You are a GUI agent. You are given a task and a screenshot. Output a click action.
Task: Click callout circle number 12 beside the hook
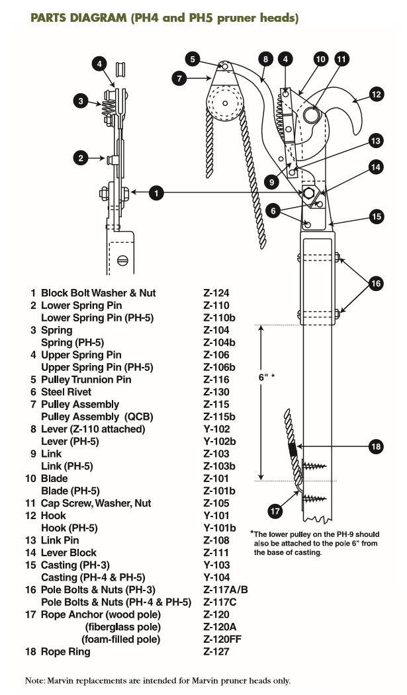(376, 95)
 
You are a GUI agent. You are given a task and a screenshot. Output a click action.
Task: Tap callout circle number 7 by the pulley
(179, 78)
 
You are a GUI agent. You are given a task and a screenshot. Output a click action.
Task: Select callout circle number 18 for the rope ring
(376, 447)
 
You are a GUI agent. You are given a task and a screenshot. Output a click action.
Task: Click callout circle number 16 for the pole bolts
(376, 283)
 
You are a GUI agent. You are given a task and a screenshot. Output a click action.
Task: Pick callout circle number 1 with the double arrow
(156, 193)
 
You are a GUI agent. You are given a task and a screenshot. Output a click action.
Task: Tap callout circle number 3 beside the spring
(81, 101)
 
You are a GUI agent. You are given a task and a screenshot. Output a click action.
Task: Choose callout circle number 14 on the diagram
(376, 167)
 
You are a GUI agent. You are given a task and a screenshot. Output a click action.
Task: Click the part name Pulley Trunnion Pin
(86, 380)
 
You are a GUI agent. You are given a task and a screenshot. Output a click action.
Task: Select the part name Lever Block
(69, 553)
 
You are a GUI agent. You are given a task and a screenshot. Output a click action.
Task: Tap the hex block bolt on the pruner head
(308, 193)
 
